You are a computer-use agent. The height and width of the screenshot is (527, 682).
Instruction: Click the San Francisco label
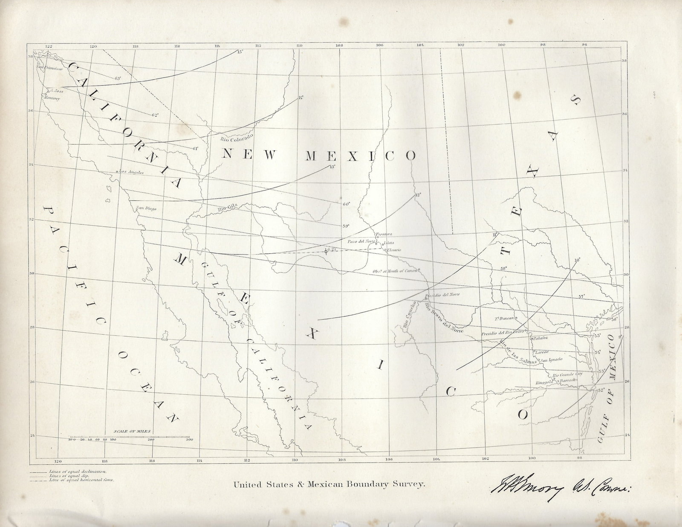point(49,68)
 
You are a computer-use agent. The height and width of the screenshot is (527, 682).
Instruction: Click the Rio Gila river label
point(227,209)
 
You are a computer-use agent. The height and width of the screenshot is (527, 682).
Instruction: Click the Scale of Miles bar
point(130,437)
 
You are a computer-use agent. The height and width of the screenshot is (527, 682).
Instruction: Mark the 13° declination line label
point(331,167)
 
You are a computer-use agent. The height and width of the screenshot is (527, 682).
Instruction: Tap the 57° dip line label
point(581,296)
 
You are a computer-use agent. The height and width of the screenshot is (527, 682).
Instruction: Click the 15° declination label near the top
point(240,52)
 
